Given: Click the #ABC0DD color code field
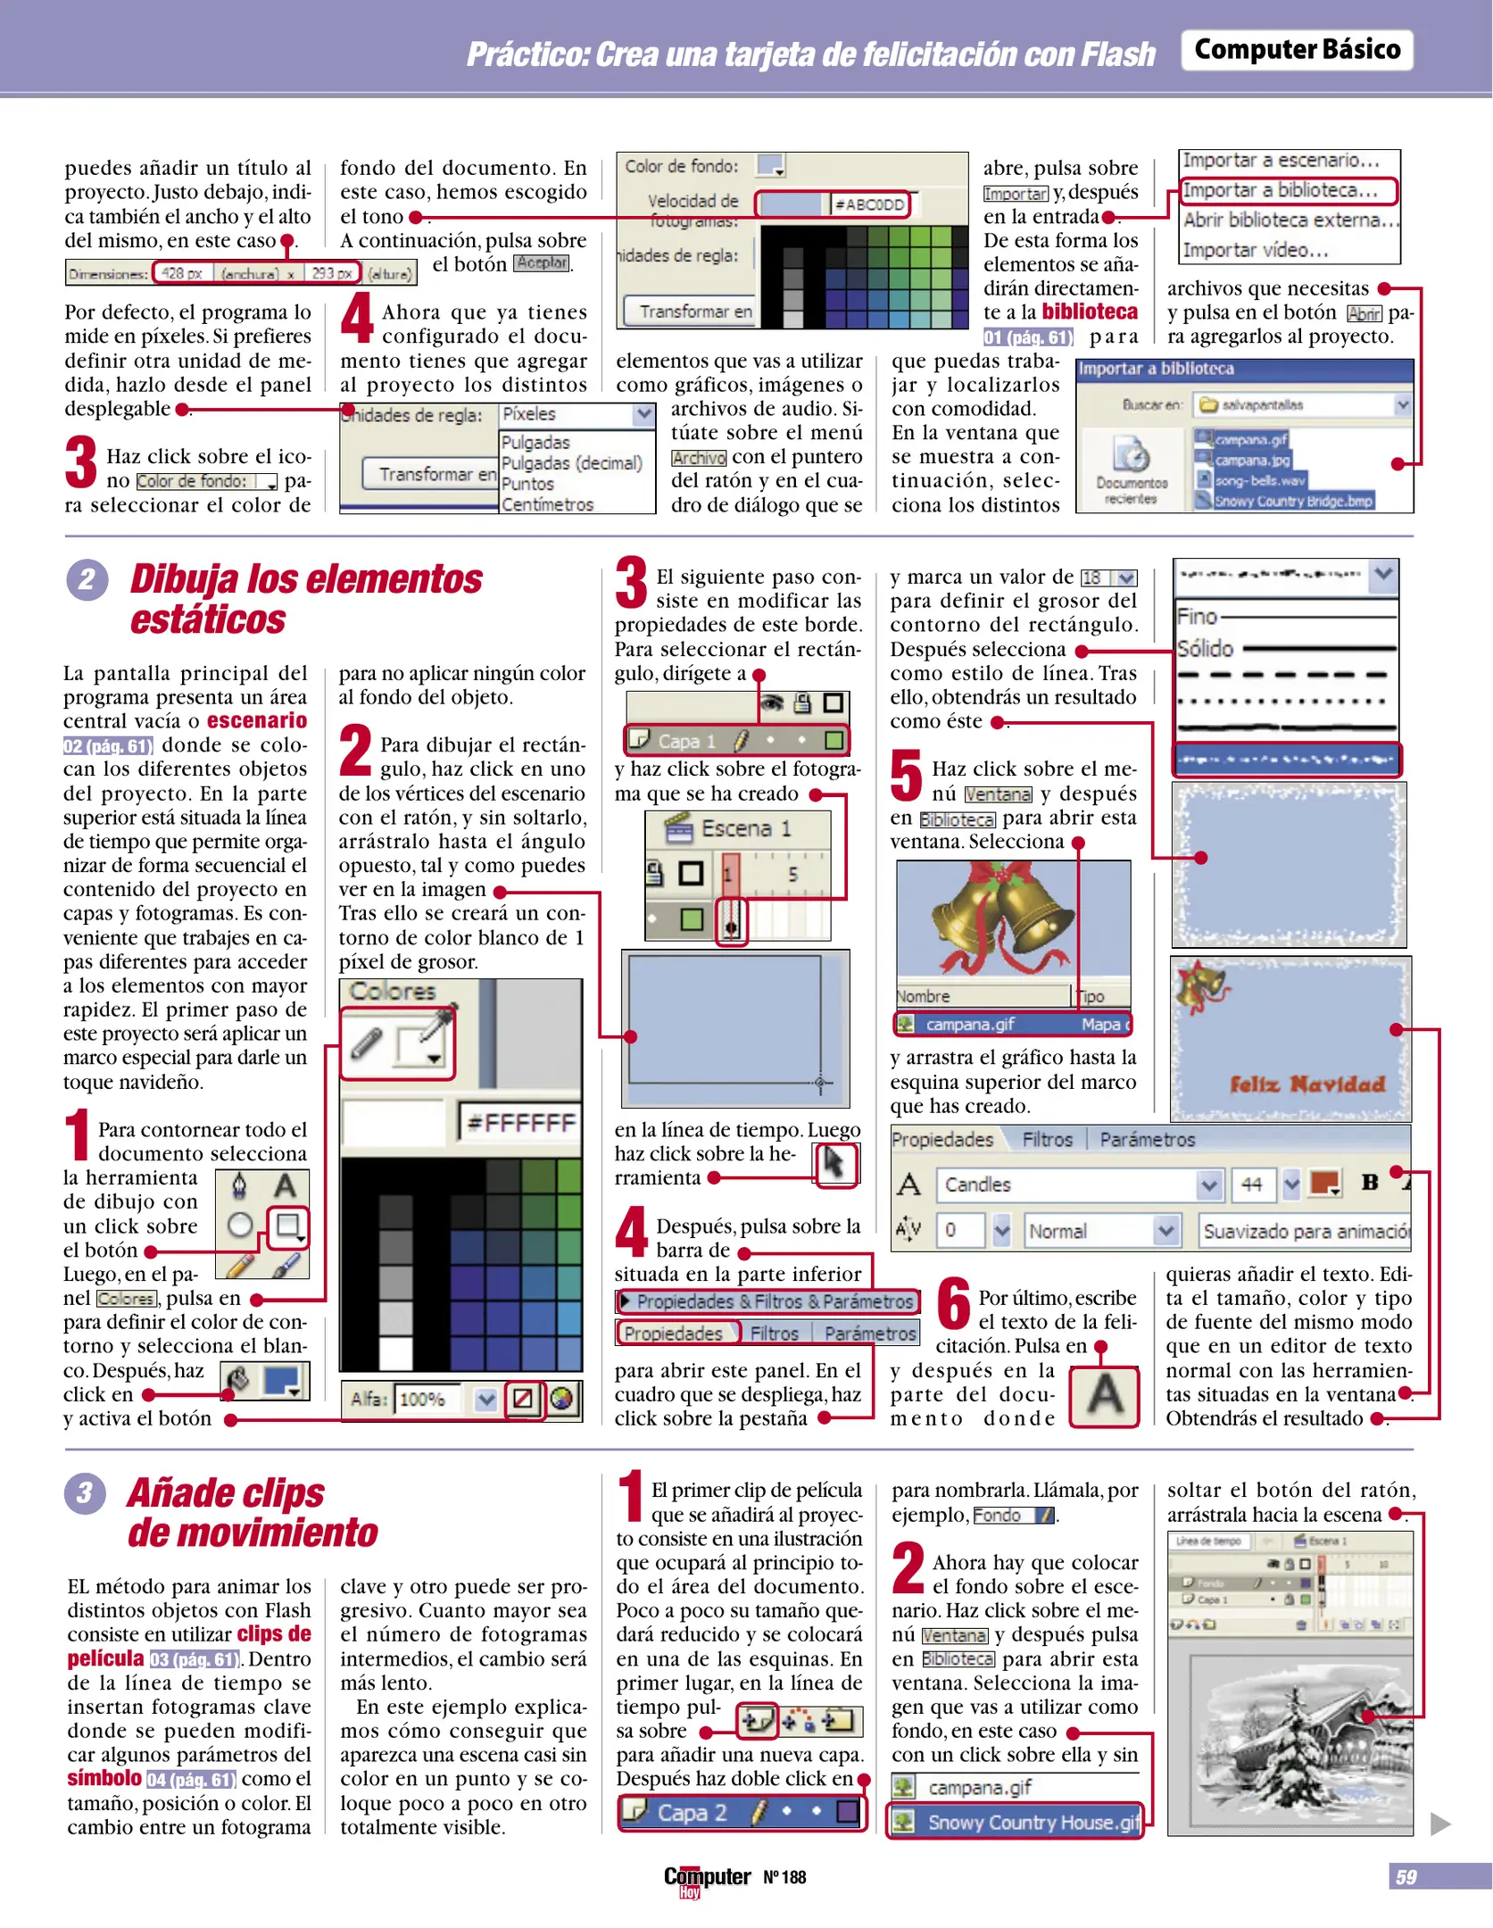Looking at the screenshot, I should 869,204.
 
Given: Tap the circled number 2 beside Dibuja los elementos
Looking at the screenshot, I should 87,580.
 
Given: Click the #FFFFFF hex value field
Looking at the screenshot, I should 520,1122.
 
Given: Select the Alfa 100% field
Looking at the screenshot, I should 427,1399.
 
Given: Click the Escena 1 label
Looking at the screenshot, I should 746,828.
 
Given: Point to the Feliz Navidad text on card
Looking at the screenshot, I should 1306,1084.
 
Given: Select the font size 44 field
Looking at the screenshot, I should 1251,1184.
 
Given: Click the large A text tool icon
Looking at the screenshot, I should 1104,1395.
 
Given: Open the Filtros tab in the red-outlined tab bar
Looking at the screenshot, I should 774,1334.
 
